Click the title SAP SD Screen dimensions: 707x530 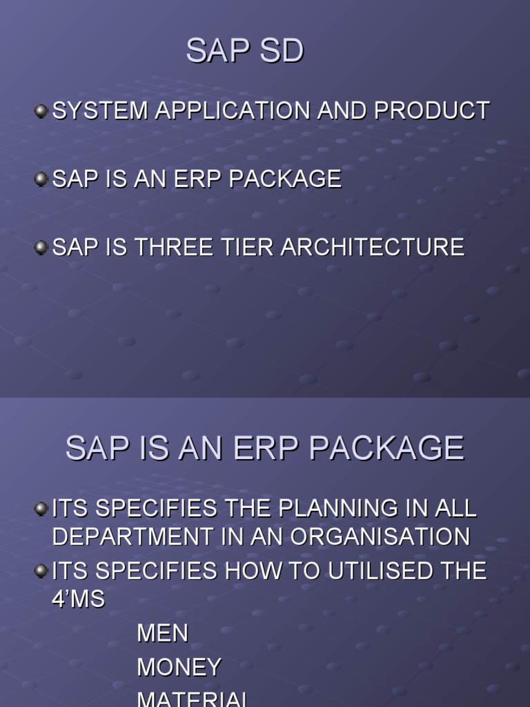click(x=244, y=52)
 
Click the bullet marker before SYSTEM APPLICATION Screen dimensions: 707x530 click(x=41, y=110)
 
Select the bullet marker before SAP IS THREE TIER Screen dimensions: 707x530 click(x=41, y=247)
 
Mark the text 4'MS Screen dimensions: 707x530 click(x=78, y=599)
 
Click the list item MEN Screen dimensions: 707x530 click(x=162, y=633)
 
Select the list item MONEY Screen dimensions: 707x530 click(x=179, y=667)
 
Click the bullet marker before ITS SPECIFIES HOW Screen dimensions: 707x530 click(x=41, y=571)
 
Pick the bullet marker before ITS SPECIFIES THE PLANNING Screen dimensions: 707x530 click(x=41, y=509)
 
